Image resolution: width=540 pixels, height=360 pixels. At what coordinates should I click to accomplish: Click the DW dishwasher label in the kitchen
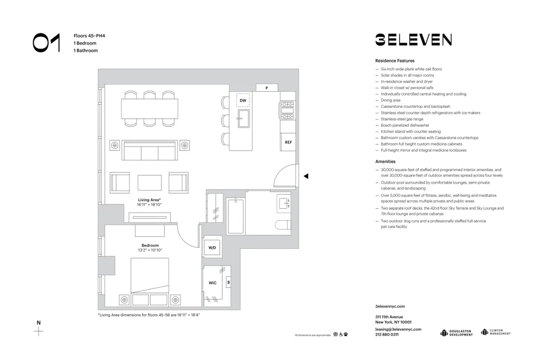(243, 100)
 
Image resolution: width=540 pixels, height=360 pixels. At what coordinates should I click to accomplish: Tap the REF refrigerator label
(288, 142)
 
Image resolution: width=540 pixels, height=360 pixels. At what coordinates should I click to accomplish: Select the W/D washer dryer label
(212, 248)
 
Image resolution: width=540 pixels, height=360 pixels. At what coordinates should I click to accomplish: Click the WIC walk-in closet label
(213, 283)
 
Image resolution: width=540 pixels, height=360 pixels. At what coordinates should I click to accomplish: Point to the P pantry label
(266, 88)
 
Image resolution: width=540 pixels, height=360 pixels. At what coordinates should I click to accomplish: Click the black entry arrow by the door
(306, 176)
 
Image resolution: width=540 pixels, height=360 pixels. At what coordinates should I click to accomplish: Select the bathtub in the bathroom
(235, 216)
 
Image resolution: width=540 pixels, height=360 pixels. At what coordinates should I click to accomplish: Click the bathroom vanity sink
(285, 203)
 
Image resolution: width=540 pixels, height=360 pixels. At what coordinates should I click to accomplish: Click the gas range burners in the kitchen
(287, 110)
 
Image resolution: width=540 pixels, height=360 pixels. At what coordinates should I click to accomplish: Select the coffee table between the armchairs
(150, 182)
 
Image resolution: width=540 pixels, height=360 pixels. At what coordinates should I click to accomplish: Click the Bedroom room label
(150, 245)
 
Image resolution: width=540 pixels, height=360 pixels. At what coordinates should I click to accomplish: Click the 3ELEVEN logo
(413, 39)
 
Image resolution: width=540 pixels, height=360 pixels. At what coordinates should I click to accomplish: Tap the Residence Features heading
(395, 61)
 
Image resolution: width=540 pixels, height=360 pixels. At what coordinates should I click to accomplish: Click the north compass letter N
(38, 323)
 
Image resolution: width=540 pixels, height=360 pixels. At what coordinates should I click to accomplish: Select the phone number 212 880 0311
(387, 335)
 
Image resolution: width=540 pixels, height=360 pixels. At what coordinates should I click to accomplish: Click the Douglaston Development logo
(456, 332)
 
